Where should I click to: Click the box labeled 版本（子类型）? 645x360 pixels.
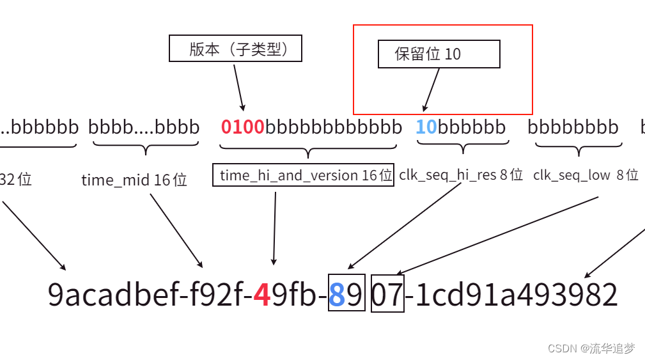(235, 49)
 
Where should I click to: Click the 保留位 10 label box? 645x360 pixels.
(439, 54)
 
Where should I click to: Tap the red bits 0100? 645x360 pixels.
(243, 127)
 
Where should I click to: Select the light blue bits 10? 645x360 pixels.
(426, 127)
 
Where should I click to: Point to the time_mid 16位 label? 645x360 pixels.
(134, 180)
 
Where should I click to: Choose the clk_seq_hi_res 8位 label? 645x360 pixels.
(461, 174)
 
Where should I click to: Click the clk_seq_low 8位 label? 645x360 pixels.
(586, 175)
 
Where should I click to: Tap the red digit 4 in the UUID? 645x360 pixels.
(261, 295)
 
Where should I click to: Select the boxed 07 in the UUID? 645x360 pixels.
(388, 295)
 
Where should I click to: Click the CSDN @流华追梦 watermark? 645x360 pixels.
(591, 348)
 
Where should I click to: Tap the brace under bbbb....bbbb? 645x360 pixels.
(146, 148)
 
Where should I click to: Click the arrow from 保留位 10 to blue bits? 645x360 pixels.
(431, 90)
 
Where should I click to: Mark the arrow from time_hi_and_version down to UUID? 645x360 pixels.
(275, 227)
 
